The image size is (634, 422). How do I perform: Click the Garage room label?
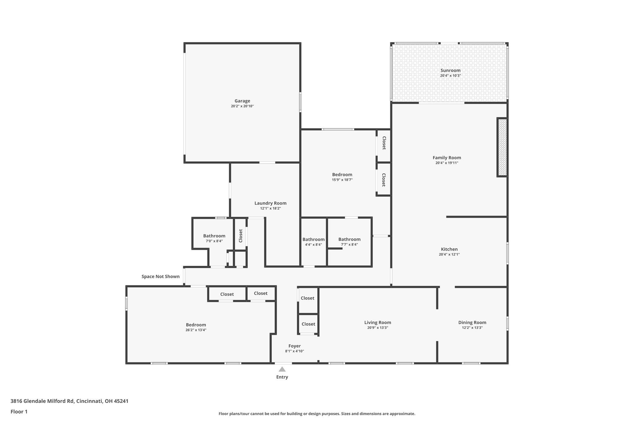tap(242, 101)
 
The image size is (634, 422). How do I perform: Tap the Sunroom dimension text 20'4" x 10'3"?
tap(450, 75)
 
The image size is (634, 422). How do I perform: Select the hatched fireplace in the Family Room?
tap(502, 147)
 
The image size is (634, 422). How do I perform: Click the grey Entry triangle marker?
tap(282, 369)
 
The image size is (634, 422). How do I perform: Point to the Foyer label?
tap(294, 346)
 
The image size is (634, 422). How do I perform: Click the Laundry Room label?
tap(270, 203)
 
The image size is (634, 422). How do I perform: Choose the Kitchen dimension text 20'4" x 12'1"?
tap(449, 254)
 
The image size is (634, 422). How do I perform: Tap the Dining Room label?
tap(472, 322)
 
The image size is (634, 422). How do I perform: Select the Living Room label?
tap(377, 322)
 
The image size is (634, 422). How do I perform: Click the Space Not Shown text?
tap(160, 276)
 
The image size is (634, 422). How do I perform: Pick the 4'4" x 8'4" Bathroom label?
tap(313, 239)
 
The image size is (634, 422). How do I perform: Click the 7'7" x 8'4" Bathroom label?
tap(349, 239)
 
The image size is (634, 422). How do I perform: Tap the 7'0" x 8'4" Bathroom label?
tap(214, 236)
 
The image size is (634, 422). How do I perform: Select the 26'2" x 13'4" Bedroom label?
tap(196, 325)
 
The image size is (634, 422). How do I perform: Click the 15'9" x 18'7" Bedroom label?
tap(342, 175)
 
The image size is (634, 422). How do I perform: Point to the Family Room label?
tap(447, 158)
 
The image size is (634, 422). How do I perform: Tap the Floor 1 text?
tap(19, 411)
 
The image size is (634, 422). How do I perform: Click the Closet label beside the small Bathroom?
tap(241, 236)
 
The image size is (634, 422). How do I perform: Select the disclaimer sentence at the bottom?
tap(317, 414)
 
